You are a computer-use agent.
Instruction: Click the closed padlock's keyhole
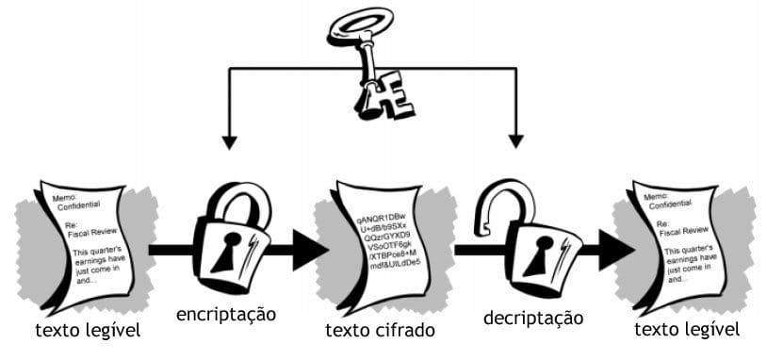pos(225,250)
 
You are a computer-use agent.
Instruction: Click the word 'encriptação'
pos(226,314)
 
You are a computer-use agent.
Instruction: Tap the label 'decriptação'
pos(533,318)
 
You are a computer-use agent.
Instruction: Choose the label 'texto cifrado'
pos(380,331)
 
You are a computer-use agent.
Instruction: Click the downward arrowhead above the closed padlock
pos(229,142)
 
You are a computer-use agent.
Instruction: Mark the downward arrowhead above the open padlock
pos(516,140)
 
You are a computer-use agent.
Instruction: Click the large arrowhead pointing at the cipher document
pos(309,250)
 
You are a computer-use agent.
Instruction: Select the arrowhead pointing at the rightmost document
pos(615,250)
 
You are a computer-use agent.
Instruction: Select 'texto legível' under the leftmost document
pos(88,331)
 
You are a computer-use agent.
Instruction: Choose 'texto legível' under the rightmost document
pos(687,329)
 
